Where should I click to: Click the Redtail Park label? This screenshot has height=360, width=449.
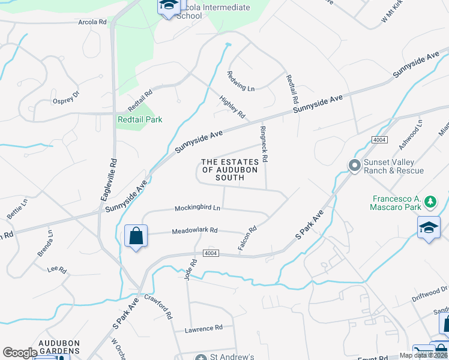[x=140, y=119]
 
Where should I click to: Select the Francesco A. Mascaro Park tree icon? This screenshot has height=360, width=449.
[x=430, y=203]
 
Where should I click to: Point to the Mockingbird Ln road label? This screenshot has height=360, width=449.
[x=197, y=208]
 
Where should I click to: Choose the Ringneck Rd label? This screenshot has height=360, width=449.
[x=264, y=145]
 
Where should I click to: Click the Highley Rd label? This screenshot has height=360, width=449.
[x=232, y=106]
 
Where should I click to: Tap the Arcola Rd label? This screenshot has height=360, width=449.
[x=92, y=22]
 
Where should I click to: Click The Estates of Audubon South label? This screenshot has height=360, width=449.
[x=230, y=170]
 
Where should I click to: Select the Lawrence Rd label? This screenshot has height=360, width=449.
[x=203, y=328]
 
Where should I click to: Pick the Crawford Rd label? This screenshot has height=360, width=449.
[x=158, y=306]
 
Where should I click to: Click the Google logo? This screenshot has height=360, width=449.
[x=20, y=353]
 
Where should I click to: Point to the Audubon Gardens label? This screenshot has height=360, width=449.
[x=59, y=347]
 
